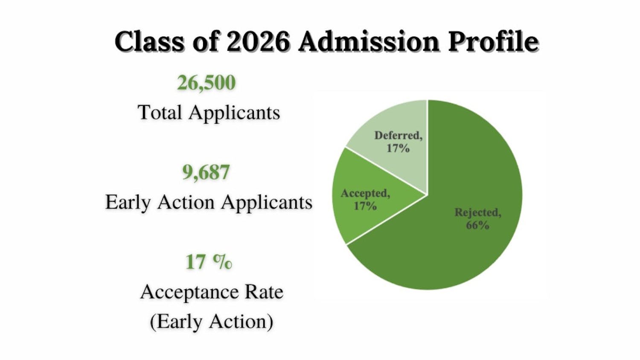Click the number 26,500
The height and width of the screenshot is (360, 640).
206,82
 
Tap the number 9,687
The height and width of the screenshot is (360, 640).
206,172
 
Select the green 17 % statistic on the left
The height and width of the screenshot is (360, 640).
209,262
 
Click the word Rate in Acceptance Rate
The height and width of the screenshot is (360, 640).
264,292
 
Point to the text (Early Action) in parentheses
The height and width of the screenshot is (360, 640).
212,322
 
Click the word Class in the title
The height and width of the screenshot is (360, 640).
149,42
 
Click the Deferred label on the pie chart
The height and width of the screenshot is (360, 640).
398,136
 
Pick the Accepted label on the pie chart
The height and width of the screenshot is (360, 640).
365,193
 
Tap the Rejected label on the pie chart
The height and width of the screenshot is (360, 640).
477,212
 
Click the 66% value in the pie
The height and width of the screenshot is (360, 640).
477,225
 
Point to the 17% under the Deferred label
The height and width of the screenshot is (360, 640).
398,148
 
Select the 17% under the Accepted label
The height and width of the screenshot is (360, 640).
365,206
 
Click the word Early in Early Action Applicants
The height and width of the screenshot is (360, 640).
128,202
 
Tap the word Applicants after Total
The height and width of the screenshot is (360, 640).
234,113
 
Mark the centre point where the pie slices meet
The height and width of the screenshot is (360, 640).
427,195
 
